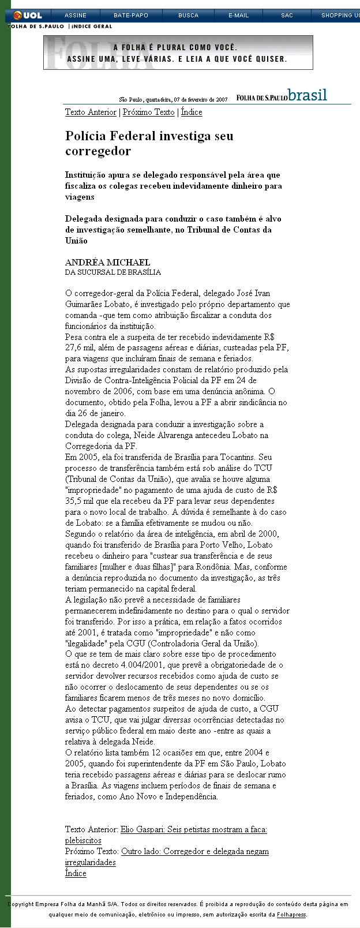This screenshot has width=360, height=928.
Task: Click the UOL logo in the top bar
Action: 28,16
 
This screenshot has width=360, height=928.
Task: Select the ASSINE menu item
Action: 76,16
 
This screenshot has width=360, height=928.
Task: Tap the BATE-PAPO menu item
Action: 131,16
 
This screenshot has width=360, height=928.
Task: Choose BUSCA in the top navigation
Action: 188,16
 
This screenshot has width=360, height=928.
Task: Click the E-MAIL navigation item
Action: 238,16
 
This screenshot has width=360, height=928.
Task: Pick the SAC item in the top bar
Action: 287,16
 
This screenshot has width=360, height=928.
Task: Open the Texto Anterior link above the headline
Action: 91,113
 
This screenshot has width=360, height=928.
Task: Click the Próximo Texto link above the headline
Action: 148,113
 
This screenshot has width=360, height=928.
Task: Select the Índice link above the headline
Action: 192,113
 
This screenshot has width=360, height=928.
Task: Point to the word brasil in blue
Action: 307,95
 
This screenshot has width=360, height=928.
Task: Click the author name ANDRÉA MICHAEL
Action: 107,263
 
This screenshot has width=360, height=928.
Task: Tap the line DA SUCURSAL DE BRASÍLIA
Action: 112,272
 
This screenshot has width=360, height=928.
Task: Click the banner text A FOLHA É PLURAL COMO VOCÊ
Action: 175,47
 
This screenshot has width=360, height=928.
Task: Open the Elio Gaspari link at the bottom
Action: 193,830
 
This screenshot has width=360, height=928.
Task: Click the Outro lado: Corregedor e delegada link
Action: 194,852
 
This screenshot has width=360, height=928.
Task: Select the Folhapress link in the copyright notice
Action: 291,915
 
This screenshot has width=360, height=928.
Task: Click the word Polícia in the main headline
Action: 85,136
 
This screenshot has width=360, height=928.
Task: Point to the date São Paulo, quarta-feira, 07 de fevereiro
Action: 173,99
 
